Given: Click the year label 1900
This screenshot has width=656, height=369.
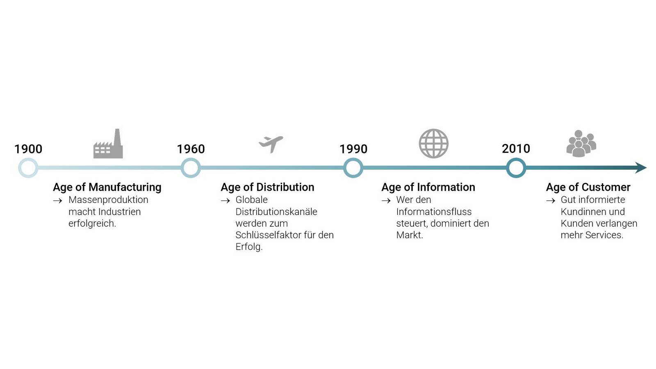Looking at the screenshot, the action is pyautogui.click(x=28, y=149).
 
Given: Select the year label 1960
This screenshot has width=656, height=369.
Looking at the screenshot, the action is pyautogui.click(x=191, y=149).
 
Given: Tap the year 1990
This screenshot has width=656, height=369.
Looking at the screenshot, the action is pyautogui.click(x=353, y=149).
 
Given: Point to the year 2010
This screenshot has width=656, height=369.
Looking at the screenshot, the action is pyautogui.click(x=516, y=149).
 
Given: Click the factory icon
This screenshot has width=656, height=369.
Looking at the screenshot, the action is pyautogui.click(x=108, y=143).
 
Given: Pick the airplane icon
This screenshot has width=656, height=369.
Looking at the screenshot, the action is pyautogui.click(x=271, y=144).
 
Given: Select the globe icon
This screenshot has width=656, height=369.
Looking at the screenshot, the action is pyautogui.click(x=433, y=143).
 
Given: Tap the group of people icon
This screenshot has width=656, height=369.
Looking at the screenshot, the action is pyautogui.click(x=581, y=143).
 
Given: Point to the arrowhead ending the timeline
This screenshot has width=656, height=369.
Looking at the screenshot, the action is pyautogui.click(x=641, y=168).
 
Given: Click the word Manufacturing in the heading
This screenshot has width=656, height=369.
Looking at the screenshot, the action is pyautogui.click(x=125, y=187).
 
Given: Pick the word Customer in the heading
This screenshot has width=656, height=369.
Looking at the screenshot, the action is pyautogui.click(x=606, y=187).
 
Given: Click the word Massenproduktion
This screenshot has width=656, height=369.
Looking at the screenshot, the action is pyautogui.click(x=108, y=200).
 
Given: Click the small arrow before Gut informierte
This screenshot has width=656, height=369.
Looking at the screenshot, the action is pyautogui.click(x=551, y=200).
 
